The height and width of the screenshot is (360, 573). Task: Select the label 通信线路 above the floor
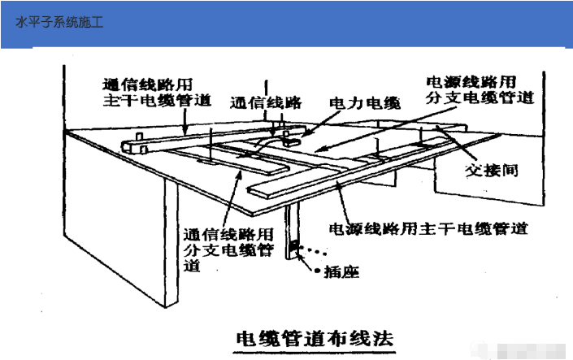point(266,103)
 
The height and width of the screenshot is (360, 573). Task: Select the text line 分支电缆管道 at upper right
point(480,99)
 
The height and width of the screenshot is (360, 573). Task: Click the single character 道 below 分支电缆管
point(192,265)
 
